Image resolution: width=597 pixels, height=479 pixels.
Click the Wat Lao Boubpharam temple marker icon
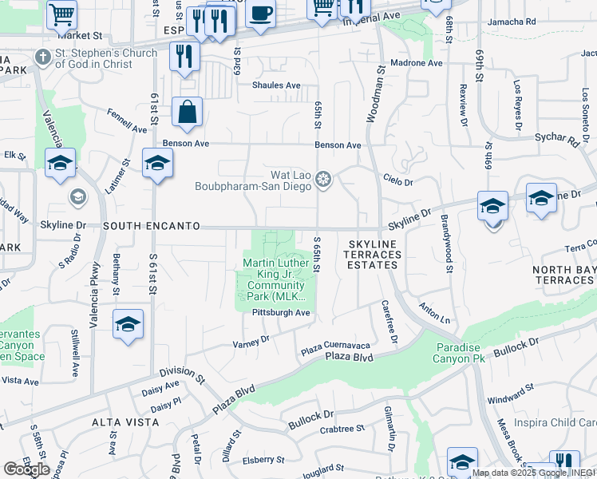(x=323, y=179)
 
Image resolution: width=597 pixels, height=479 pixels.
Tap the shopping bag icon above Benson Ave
(x=187, y=113)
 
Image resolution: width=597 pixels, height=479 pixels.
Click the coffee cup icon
(x=260, y=14)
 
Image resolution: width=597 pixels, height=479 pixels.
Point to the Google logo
(x=26, y=469)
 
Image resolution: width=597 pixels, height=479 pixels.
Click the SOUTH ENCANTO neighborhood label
(x=151, y=226)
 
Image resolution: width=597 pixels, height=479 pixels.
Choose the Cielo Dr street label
(x=397, y=182)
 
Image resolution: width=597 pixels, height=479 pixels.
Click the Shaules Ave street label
(x=276, y=85)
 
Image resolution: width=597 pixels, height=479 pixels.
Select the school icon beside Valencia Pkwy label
(x=128, y=324)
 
